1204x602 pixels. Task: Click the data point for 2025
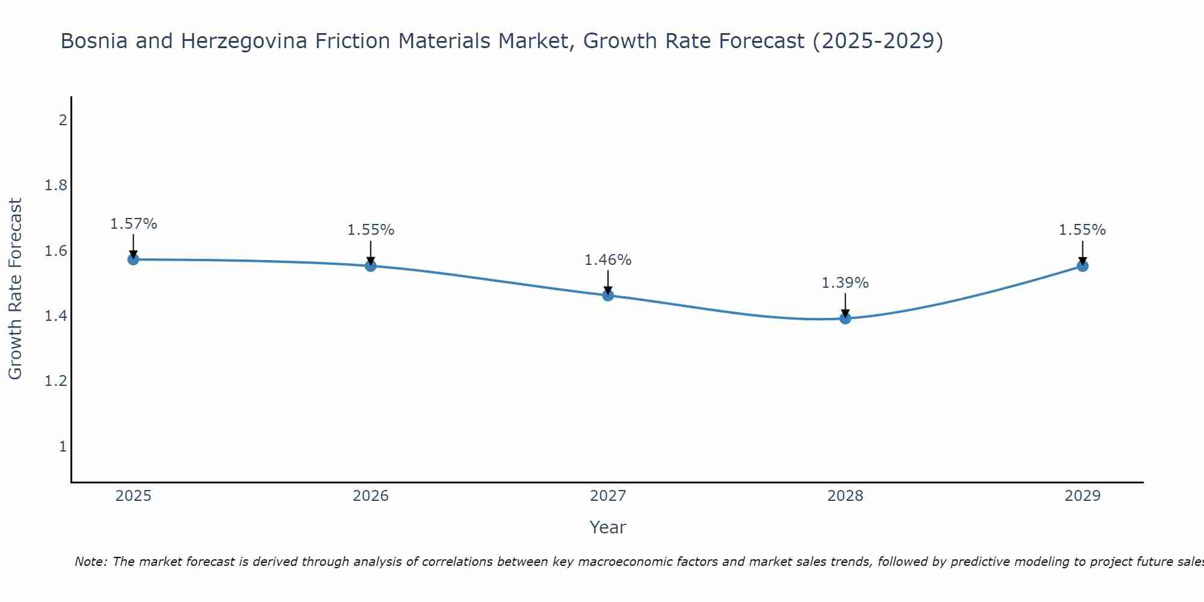[x=133, y=259]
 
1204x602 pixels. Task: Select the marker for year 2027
[x=608, y=296]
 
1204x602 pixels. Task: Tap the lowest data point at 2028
[x=845, y=318]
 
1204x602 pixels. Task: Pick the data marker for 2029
[x=1082, y=266]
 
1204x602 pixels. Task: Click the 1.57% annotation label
[x=134, y=224]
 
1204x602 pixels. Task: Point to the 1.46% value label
[x=608, y=260]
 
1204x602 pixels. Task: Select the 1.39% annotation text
[x=845, y=283]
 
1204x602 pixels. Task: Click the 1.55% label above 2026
[x=371, y=230]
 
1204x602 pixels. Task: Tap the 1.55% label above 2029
[x=1082, y=230]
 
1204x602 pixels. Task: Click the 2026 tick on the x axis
[x=371, y=496]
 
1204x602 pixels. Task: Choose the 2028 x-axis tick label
[x=845, y=496]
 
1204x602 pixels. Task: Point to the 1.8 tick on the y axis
[x=55, y=185]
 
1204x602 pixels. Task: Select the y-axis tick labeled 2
[x=63, y=120]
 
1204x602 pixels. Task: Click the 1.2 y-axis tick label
[x=55, y=381]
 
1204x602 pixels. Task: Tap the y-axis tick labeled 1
[x=63, y=447]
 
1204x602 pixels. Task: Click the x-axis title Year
[x=608, y=527]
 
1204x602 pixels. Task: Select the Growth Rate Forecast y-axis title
[x=16, y=289]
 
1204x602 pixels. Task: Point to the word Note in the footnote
[x=90, y=562]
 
